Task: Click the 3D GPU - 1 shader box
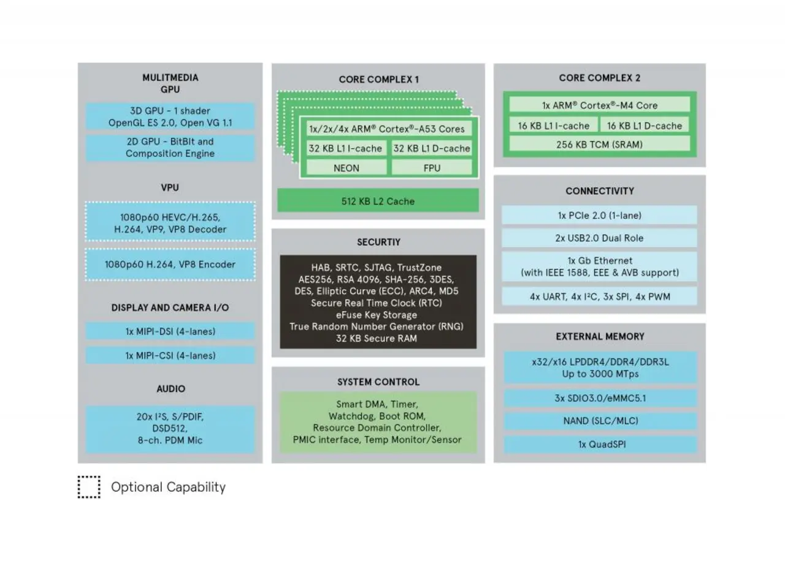point(170,116)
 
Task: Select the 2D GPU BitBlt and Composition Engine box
point(170,148)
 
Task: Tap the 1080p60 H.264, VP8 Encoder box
point(170,265)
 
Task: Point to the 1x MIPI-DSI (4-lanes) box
point(170,331)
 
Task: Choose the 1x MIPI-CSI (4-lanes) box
point(170,355)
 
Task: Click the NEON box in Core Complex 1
point(347,167)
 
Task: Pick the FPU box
point(432,167)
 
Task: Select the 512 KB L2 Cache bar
point(378,201)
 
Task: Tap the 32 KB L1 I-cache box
point(346,148)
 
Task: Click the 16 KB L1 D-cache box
point(645,126)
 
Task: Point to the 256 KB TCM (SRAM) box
point(599,145)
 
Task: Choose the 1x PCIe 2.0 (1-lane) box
point(599,215)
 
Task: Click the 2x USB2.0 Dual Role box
point(599,238)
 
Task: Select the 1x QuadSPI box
point(599,444)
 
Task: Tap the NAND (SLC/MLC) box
point(599,421)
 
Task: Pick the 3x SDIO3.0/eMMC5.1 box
point(599,398)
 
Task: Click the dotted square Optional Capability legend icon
point(89,487)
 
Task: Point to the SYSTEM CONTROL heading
point(378,382)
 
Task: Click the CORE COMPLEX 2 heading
point(599,78)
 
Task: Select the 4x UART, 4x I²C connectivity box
point(599,297)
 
